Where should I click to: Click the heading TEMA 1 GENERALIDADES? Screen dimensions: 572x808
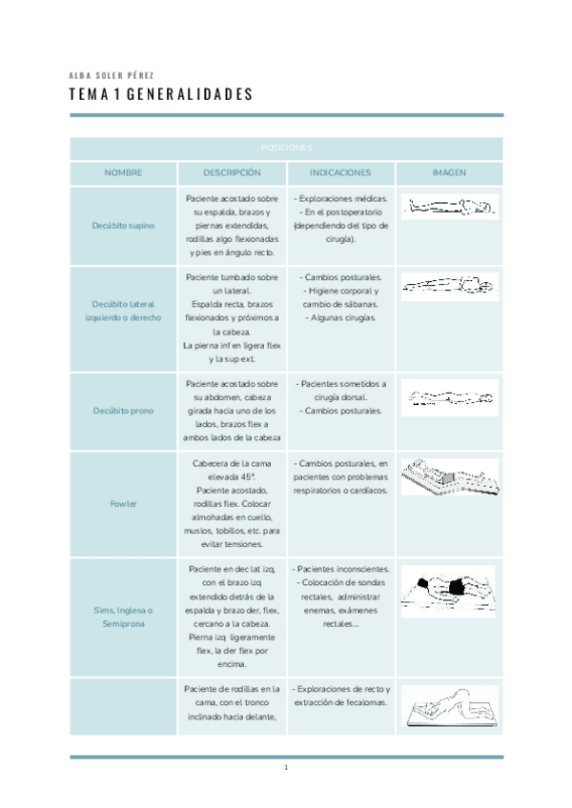(161, 94)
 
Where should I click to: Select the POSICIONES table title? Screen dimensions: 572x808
(286, 149)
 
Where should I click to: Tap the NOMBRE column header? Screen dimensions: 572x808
(123, 173)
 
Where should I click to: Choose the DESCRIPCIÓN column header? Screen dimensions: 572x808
(232, 173)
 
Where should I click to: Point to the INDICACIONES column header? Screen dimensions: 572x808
(340, 173)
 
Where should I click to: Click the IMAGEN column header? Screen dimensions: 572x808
(449, 173)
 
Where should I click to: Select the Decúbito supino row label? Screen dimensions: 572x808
(123, 226)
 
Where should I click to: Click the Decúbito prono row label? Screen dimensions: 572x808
(123, 411)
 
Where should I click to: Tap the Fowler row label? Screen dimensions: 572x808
(123, 503)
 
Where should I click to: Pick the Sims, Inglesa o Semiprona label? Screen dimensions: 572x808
(123, 616)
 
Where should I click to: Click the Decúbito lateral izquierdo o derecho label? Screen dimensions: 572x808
(123, 311)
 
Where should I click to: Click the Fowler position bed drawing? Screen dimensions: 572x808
(449, 476)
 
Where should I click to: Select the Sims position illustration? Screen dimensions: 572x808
(449, 591)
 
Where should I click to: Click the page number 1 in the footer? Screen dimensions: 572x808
(286, 768)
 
